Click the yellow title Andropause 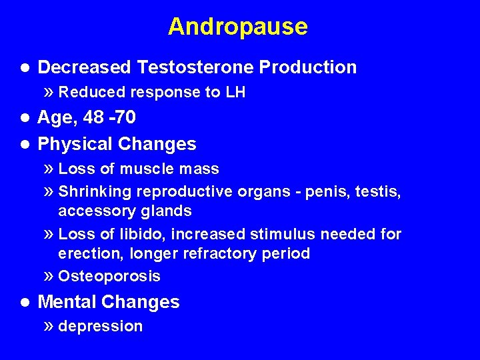pos(238,27)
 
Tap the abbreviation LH pos(235,93)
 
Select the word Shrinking pos(95,192)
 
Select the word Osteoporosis pos(109,276)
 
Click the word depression pos(101,326)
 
